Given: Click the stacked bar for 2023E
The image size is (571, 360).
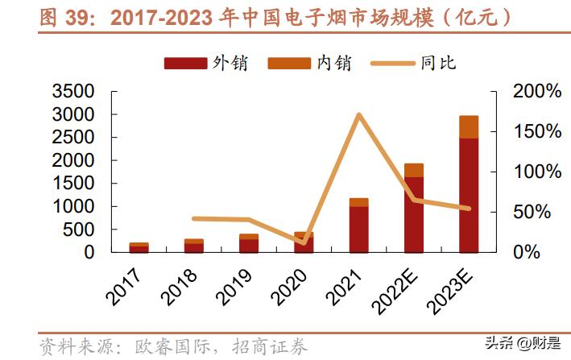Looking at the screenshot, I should [x=469, y=184].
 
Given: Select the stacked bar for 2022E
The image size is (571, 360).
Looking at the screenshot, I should [x=414, y=209].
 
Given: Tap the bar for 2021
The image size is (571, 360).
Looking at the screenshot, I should [x=358, y=226].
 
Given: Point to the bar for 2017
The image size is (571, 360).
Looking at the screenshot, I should [x=139, y=247].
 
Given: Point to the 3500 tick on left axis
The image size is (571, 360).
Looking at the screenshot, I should [x=74, y=92].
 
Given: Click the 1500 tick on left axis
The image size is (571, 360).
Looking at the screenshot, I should [x=74, y=184].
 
